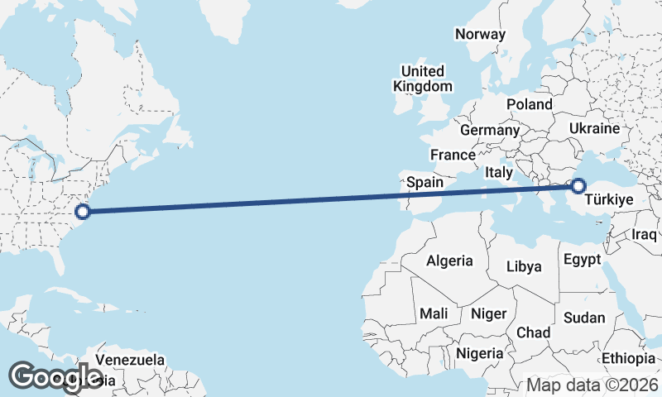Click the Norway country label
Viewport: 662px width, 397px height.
coord(480,34)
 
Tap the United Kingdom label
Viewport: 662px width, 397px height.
coord(423,79)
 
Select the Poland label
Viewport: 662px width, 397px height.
coord(529,104)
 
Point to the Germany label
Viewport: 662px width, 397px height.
coord(489,130)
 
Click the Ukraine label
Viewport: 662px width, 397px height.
coord(594,129)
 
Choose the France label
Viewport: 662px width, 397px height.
coord(453,155)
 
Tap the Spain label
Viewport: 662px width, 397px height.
coord(425,182)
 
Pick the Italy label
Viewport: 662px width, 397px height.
coord(499,172)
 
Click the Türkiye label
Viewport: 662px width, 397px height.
coord(609,199)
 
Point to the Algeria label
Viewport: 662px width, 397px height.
coord(449,261)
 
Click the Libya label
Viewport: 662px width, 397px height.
coord(524,266)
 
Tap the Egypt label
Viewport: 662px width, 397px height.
coord(582,260)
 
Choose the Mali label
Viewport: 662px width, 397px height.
coord(434,313)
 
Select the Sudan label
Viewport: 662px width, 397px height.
coord(584,318)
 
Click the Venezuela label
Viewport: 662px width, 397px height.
coord(130,360)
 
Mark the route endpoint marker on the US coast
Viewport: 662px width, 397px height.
coord(83,211)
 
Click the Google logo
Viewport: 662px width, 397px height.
coord(55,377)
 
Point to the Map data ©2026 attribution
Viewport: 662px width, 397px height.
coord(592,385)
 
